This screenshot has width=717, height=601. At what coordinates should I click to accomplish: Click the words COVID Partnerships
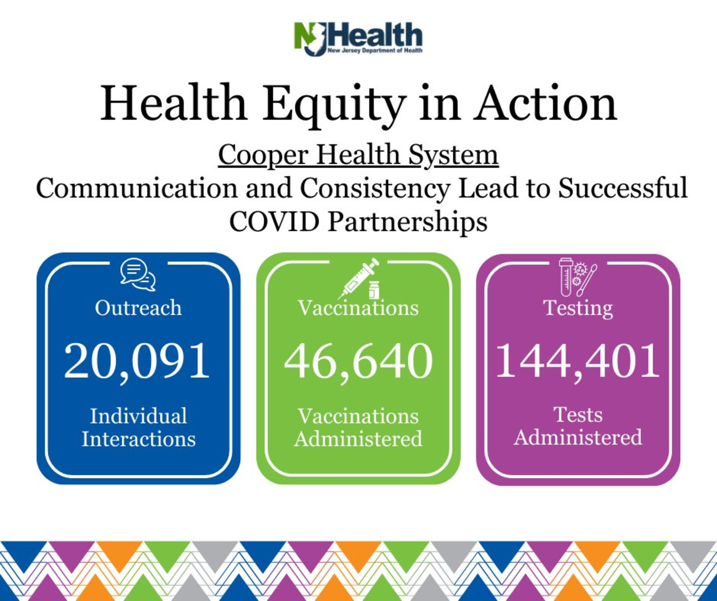[358, 222]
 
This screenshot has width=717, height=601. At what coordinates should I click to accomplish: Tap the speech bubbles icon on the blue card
[138, 274]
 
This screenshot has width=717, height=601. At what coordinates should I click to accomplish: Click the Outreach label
[138, 308]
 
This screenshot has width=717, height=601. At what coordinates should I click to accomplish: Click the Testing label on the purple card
[578, 309]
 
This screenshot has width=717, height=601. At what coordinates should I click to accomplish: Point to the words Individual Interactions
[138, 427]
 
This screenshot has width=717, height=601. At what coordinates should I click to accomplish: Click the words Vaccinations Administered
[358, 427]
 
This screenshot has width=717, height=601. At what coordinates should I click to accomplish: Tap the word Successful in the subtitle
[623, 188]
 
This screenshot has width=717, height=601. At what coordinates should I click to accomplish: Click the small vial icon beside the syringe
[374, 290]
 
